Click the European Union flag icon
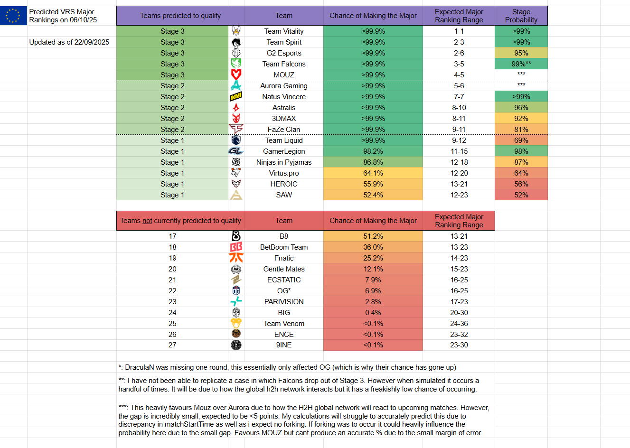(x=13, y=16)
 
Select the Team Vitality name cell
(x=284, y=31)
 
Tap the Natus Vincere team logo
(x=236, y=97)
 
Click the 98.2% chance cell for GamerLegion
(x=373, y=151)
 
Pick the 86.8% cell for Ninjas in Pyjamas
(x=373, y=162)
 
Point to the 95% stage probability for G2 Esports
(x=521, y=53)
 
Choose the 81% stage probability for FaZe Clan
(x=521, y=130)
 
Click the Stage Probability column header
(x=521, y=16)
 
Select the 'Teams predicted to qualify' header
(x=180, y=16)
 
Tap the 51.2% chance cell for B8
(x=373, y=236)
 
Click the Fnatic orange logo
(x=236, y=258)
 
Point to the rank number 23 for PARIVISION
(x=172, y=302)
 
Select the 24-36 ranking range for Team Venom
(x=459, y=324)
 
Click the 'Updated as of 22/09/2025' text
(x=69, y=42)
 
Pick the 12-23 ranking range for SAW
(x=459, y=195)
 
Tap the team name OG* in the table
(x=284, y=291)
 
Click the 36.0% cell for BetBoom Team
(x=373, y=247)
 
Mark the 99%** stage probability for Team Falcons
(x=521, y=64)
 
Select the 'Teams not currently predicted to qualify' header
(x=180, y=221)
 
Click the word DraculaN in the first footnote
(x=140, y=367)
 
